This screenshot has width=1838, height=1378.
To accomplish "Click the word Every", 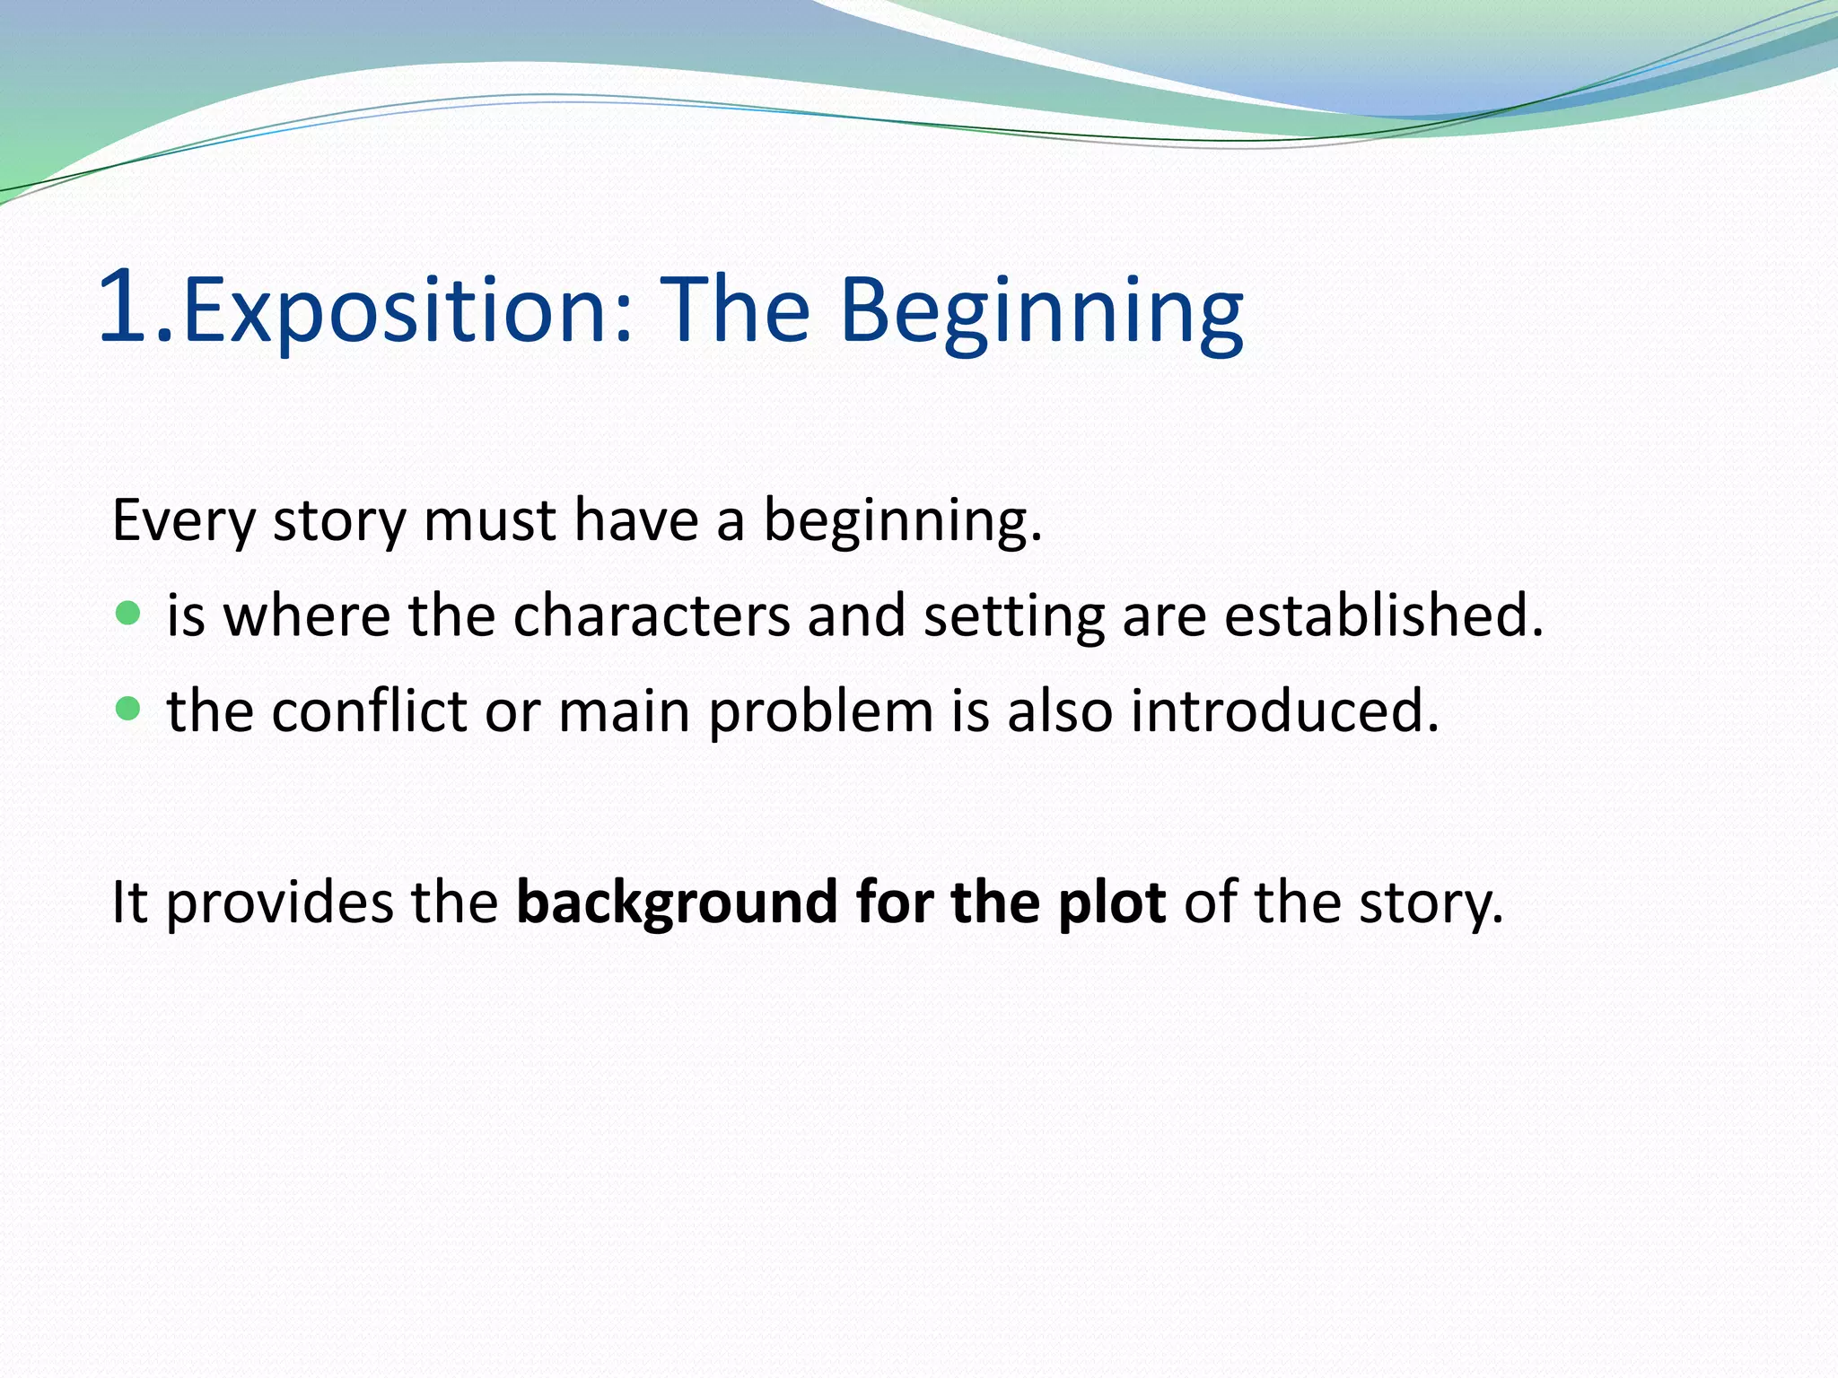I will (183, 520).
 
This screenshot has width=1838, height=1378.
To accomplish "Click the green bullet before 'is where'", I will (129, 614).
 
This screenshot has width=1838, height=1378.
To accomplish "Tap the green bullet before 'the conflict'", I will (129, 710).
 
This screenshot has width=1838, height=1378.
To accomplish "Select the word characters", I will (651, 616).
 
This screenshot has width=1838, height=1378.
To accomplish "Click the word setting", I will (1013, 616).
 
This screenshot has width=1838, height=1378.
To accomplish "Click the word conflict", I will (369, 711).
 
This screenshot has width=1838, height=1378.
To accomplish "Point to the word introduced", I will (1283, 711).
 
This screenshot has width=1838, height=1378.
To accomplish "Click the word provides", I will (279, 903).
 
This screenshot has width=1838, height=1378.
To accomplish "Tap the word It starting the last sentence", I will (128, 903).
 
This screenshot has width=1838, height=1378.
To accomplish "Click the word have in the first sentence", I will (635, 520).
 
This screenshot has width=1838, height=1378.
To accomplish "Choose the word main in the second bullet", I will (623, 711).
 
